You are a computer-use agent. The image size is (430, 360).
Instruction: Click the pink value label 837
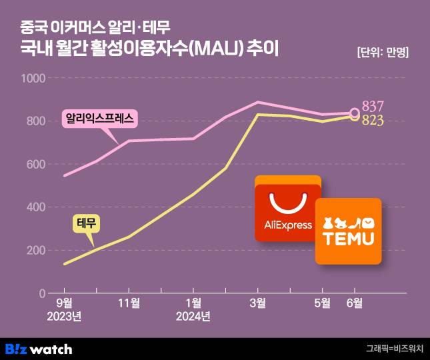click(374, 107)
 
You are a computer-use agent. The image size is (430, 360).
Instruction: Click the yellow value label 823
click(374, 120)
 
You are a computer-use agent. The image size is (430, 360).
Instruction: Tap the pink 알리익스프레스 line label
click(99, 119)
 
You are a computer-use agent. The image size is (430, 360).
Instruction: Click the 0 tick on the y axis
click(41, 293)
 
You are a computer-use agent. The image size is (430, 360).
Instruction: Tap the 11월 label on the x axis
click(129, 303)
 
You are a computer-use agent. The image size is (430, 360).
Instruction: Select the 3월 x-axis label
click(258, 303)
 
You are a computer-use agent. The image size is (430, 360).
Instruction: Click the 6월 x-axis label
click(355, 303)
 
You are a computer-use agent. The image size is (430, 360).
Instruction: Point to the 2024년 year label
click(193, 316)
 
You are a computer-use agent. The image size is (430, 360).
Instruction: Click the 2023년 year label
click(64, 316)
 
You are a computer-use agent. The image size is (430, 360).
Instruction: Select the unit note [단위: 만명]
click(382, 53)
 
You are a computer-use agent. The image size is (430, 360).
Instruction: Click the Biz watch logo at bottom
click(39, 349)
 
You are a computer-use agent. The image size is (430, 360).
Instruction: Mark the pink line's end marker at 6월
click(355, 113)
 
